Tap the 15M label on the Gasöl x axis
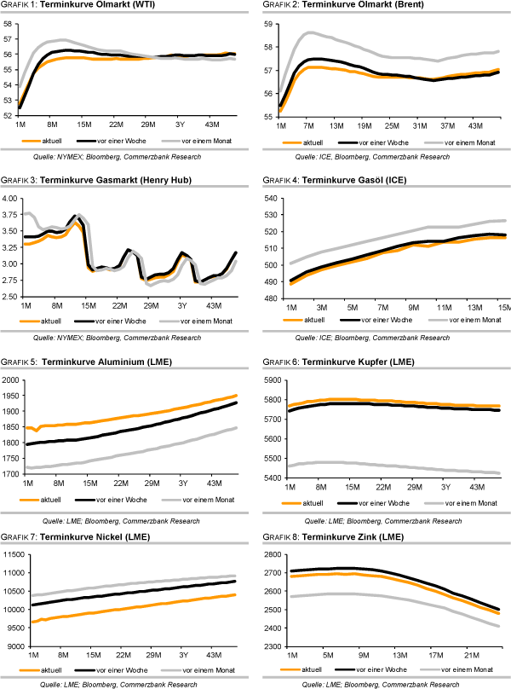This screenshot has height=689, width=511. point(502,305)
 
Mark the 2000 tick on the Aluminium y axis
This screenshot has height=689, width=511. point(10,381)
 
